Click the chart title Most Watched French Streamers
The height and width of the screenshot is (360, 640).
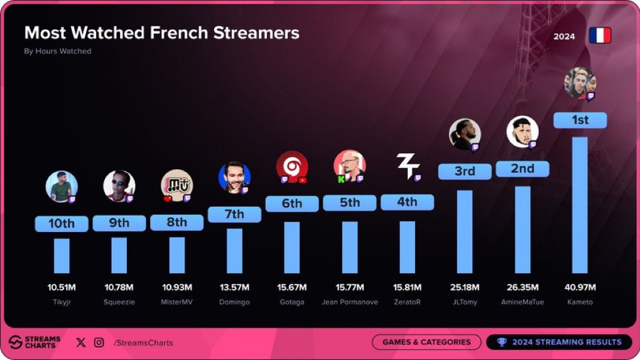161,32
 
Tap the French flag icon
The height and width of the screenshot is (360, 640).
599,36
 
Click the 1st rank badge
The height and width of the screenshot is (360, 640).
580,120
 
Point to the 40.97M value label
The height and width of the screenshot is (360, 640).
580,287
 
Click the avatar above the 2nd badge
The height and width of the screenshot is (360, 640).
522,132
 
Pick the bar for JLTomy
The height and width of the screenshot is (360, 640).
464,231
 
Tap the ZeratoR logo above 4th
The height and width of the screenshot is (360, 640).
408,166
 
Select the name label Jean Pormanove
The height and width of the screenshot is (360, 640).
349,302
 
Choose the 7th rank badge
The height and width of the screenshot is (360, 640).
234,214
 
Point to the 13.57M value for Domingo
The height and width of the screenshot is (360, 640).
234,287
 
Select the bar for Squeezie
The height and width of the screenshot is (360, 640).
119,255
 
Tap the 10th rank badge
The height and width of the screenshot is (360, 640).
62,224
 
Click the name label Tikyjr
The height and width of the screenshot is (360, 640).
62,302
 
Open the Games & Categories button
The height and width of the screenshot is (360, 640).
426,342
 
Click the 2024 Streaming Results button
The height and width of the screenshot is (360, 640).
559,342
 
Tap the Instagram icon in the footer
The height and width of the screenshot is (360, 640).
99,343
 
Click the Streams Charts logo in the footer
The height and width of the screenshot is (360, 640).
35,342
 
